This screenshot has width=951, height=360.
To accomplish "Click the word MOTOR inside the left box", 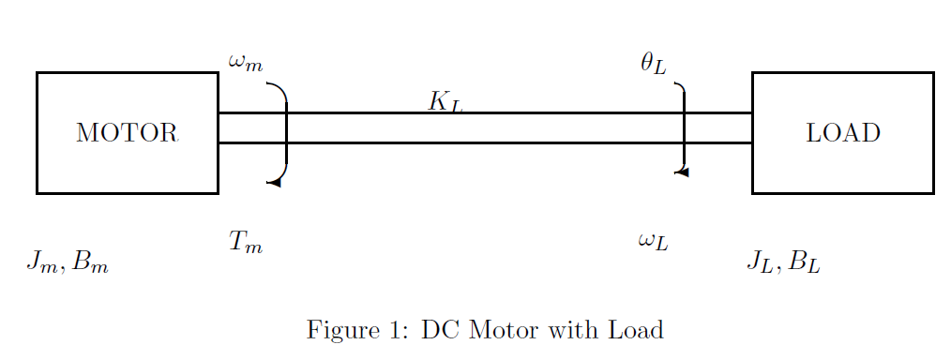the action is coord(127,133).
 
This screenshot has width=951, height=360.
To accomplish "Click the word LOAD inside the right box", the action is coord(843,133).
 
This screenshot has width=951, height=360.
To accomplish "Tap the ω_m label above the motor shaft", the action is coord(246,64).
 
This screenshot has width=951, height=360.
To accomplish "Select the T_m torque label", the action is coord(246,242).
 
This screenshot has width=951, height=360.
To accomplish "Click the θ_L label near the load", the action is coord(653,64).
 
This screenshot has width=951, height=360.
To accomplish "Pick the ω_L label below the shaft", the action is coord(653,242).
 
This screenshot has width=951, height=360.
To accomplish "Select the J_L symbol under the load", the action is coord(760,262).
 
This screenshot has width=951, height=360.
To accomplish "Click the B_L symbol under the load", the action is coord(805,262).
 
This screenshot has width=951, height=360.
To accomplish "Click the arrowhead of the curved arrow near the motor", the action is coord(273,182).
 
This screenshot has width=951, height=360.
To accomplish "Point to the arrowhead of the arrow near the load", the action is coord(682,172).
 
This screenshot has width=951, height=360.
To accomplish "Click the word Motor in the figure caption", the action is coord(497,330).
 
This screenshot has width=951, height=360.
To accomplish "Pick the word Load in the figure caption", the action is coord(635,330).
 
